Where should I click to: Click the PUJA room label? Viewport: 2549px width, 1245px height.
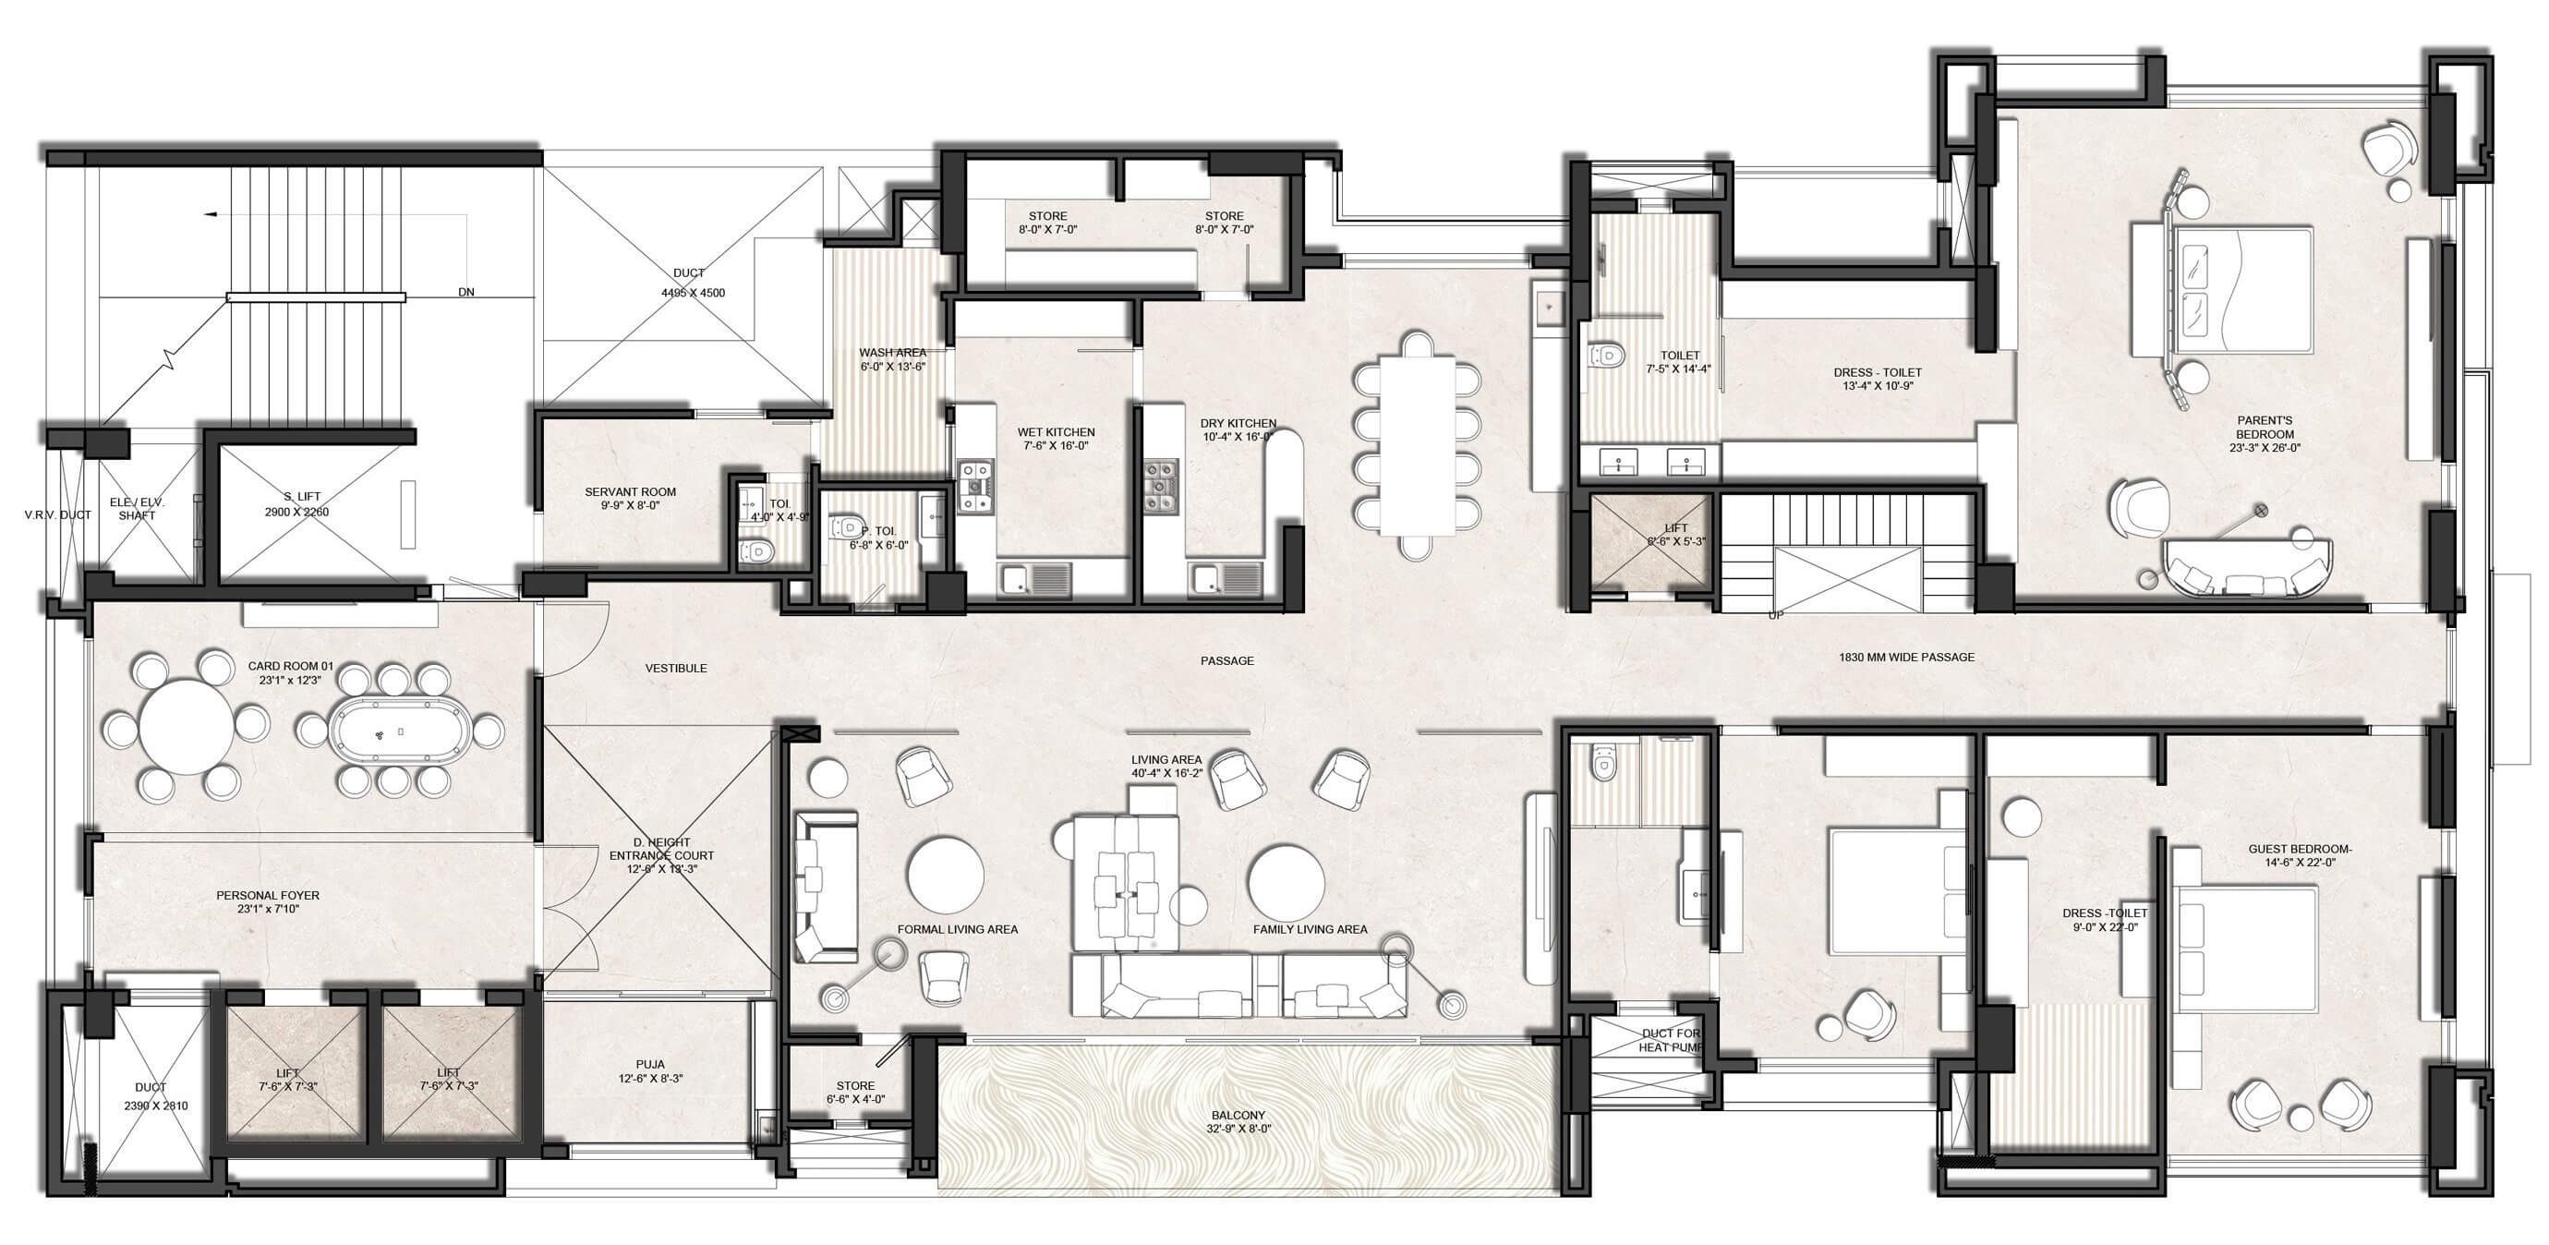(x=650, y=1065)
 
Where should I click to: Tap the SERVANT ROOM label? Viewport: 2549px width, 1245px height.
(x=630, y=492)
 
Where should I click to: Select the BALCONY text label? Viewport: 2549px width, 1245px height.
(x=1238, y=1116)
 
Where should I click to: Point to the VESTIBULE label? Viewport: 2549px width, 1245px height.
(x=676, y=668)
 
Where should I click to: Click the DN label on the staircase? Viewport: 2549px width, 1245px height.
(x=466, y=293)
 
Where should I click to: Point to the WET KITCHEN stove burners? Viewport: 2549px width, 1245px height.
(x=974, y=486)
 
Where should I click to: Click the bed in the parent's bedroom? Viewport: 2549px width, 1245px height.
(x=2221, y=290)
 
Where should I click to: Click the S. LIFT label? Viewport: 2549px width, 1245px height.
(x=302, y=497)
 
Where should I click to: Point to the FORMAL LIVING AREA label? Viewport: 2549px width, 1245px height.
(x=957, y=929)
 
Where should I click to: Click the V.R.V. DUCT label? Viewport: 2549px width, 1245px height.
(x=57, y=514)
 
